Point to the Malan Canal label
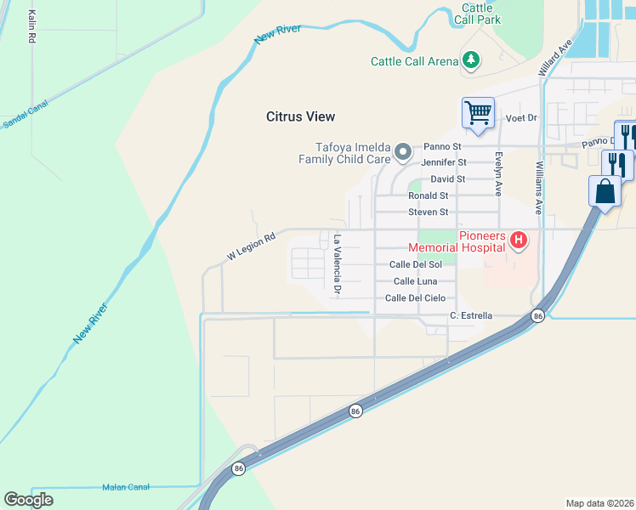pos(125,487)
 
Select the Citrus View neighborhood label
pos(300,116)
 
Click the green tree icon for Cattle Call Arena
pos(470,60)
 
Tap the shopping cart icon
pos(479,112)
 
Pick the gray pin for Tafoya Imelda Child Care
pos(403,153)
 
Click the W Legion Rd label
pos(252,247)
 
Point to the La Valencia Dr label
pos(338,265)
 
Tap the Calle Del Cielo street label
pos(415,297)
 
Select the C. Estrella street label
pos(470,316)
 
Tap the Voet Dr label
pos(521,118)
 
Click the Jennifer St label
pos(444,161)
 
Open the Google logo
pos(28,500)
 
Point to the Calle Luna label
pos(415,280)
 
